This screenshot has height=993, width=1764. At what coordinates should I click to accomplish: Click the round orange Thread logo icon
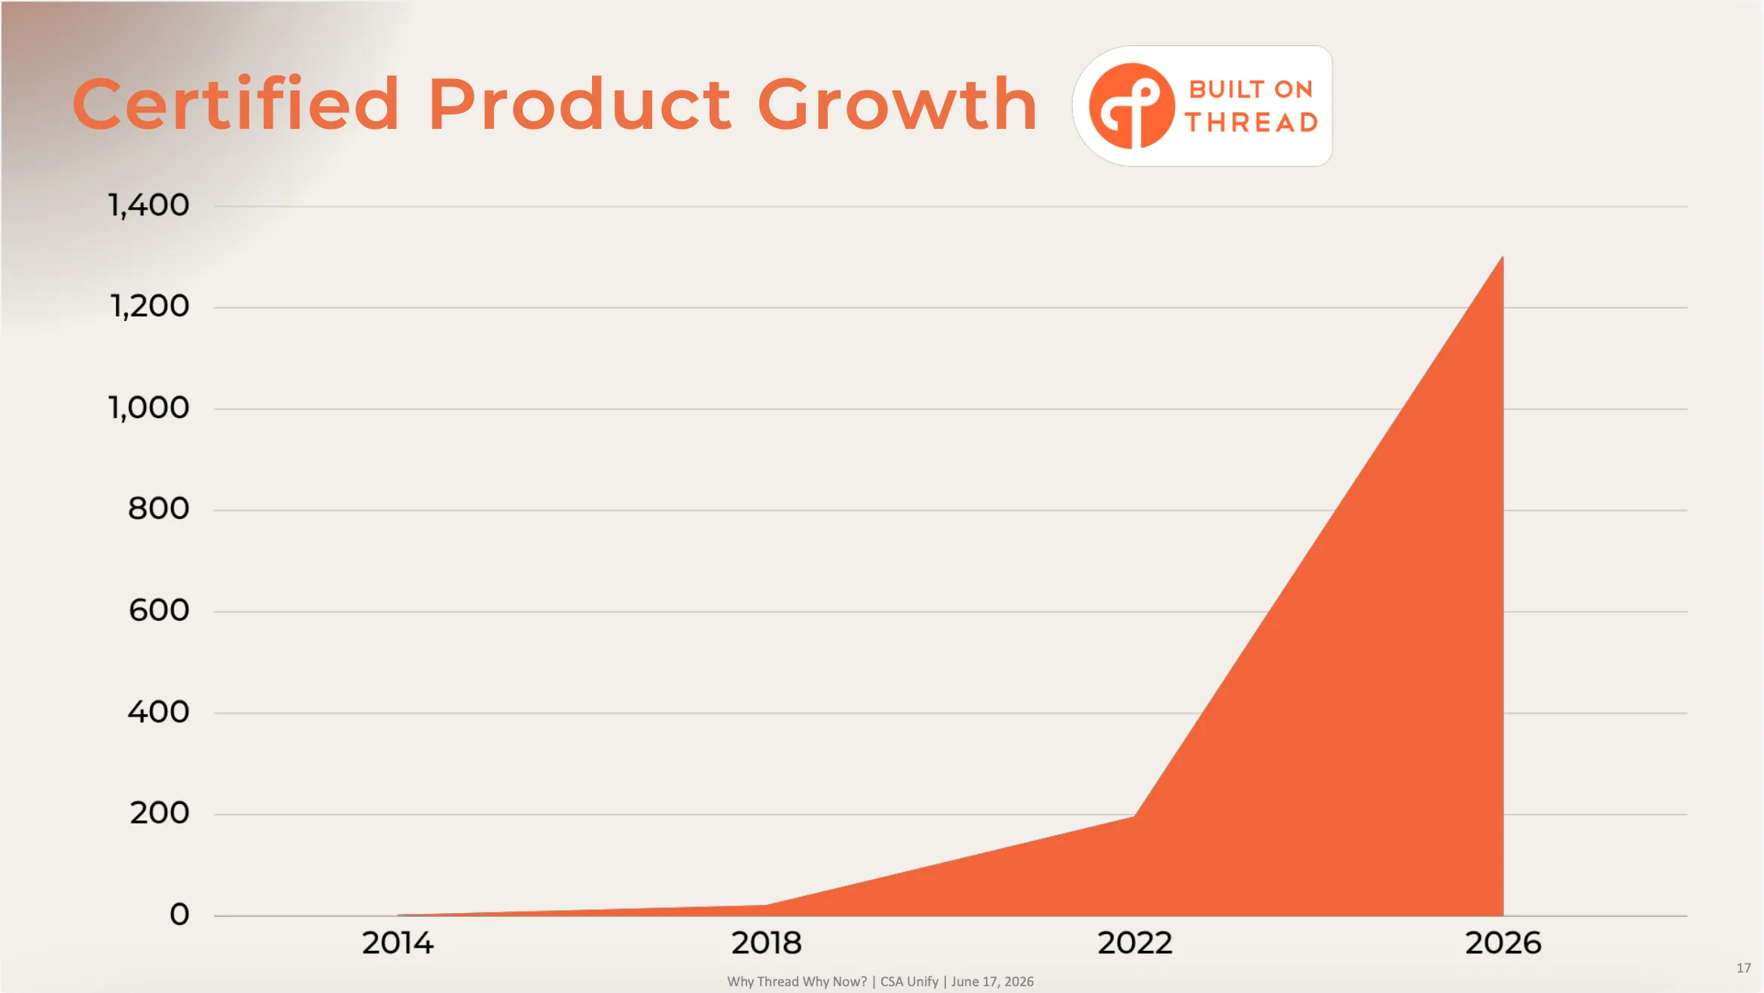(1131, 105)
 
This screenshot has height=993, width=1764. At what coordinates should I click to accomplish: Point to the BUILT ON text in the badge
(1251, 89)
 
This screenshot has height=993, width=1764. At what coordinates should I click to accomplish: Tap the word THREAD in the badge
(1251, 122)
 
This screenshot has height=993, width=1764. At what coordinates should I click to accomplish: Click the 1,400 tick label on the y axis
(148, 205)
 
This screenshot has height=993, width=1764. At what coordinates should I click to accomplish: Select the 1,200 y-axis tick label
(149, 306)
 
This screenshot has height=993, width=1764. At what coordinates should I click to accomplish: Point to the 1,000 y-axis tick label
(148, 408)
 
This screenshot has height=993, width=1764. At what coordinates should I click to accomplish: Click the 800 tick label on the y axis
(158, 509)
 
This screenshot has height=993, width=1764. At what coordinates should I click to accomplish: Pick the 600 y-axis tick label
(158, 610)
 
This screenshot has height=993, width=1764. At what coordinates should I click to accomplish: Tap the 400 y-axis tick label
(158, 711)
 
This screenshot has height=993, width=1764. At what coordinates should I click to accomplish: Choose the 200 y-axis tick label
(159, 813)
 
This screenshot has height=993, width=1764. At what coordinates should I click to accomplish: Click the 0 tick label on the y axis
(179, 915)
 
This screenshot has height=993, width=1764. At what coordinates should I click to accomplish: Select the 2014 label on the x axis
(398, 943)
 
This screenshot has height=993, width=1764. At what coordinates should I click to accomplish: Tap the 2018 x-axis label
(767, 943)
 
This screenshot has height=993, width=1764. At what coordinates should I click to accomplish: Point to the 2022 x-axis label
(1135, 943)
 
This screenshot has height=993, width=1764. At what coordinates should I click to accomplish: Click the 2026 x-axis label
(1503, 943)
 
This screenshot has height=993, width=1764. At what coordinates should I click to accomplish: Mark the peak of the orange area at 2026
(1503, 257)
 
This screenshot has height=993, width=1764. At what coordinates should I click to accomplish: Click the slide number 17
(1744, 968)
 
